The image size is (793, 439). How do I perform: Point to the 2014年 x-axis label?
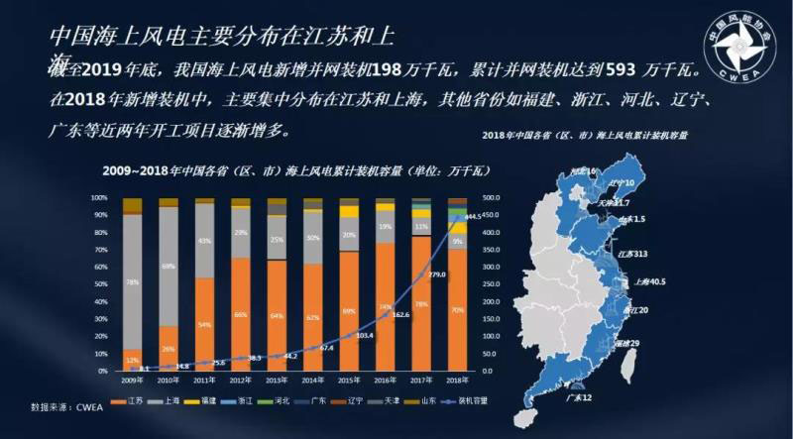(312, 380)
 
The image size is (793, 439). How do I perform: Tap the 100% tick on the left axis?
(100, 197)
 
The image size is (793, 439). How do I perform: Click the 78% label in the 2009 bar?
(132, 281)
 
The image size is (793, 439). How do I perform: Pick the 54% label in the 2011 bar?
(204, 324)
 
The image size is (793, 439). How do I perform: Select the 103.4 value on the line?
(365, 335)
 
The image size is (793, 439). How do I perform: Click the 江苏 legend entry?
(132, 400)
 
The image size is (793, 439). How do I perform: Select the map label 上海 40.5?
(651, 281)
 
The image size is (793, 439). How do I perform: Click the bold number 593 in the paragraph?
(607, 71)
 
